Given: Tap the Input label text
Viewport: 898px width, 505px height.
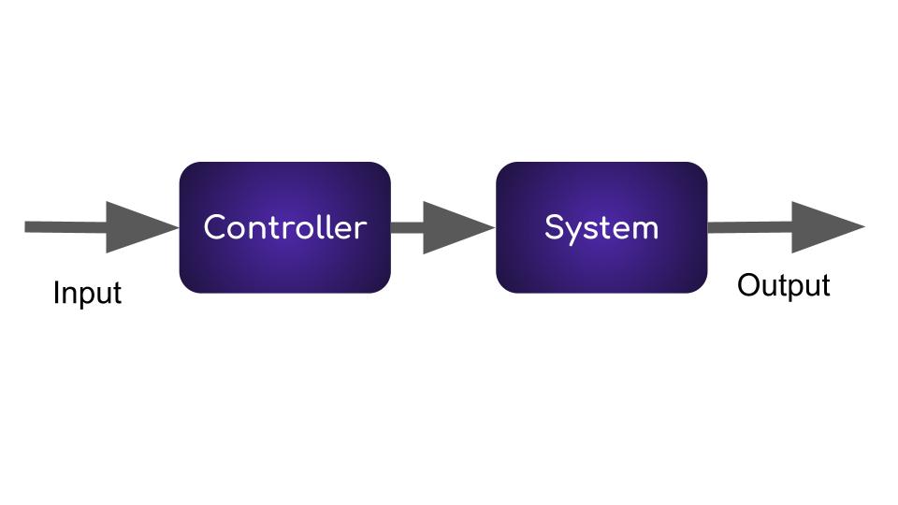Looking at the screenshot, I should click(87, 293).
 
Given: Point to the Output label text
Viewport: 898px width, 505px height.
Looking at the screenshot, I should click(783, 285).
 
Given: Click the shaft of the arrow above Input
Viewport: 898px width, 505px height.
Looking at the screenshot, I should click(65, 227).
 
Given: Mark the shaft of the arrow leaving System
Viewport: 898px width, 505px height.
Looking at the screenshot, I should click(748, 227).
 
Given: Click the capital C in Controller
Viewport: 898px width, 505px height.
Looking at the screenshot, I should click(215, 227).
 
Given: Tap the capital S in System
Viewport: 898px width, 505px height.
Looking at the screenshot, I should click(555, 227).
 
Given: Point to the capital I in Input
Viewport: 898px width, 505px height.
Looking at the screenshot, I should click(57, 293).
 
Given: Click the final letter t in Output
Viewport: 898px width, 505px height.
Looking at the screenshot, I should click(825, 285).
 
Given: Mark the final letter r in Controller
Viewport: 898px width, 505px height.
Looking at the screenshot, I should click(360, 229).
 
